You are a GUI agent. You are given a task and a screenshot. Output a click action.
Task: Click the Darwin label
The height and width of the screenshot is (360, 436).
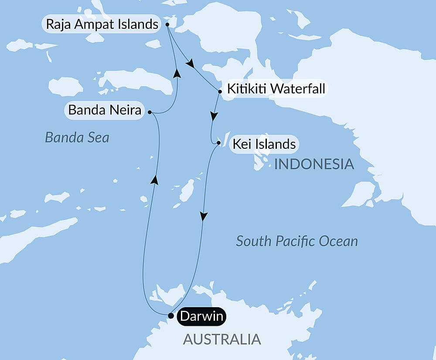point(202,316)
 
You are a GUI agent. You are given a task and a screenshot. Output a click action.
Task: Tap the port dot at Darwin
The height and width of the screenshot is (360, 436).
point(170,315)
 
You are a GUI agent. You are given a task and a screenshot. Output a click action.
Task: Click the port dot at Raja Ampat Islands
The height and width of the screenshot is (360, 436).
point(167,25)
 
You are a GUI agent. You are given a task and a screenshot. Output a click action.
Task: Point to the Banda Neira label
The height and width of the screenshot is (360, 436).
point(105,111)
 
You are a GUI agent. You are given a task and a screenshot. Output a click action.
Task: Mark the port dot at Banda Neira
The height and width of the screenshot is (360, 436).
point(150,112)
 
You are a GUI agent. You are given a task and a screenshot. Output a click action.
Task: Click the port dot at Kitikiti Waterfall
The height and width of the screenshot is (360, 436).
point(220,92)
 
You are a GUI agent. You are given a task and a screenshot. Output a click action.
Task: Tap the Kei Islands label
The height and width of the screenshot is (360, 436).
point(264,144)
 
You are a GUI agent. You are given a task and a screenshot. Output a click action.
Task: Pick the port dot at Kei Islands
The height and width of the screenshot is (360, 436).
point(218,142)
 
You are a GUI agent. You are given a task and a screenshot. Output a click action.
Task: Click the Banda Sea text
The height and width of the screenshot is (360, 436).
point(77,138)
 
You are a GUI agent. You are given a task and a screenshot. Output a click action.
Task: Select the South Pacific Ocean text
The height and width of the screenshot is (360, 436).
point(296,241)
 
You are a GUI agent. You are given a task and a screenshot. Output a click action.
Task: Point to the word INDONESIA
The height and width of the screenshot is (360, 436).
point(313,165)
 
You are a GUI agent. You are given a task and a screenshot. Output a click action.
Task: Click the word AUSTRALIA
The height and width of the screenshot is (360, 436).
point(221,339)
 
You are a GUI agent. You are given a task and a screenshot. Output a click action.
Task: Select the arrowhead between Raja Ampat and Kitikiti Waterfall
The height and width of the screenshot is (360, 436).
point(190,64)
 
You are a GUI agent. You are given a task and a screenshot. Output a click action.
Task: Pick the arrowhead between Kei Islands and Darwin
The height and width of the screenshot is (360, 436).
point(203,216)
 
